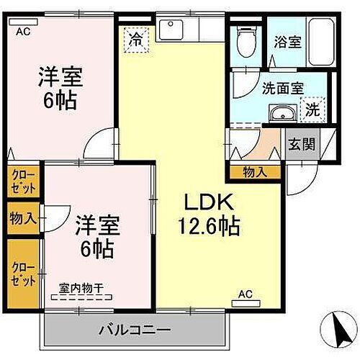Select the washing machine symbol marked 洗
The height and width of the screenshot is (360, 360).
pos(313,110)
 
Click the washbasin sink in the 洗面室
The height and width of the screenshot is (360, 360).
pos(281,113)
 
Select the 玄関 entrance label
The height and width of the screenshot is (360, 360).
pos(302,144)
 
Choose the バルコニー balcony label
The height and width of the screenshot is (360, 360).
pos(135,330)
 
